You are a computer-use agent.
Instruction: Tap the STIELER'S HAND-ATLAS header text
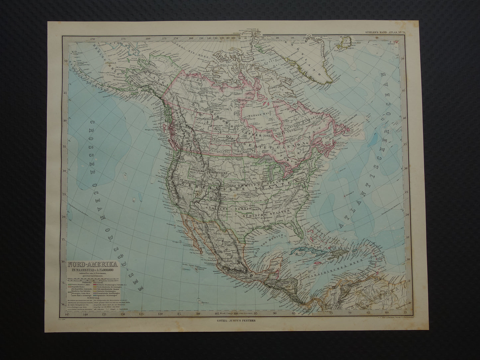tap(382, 32)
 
